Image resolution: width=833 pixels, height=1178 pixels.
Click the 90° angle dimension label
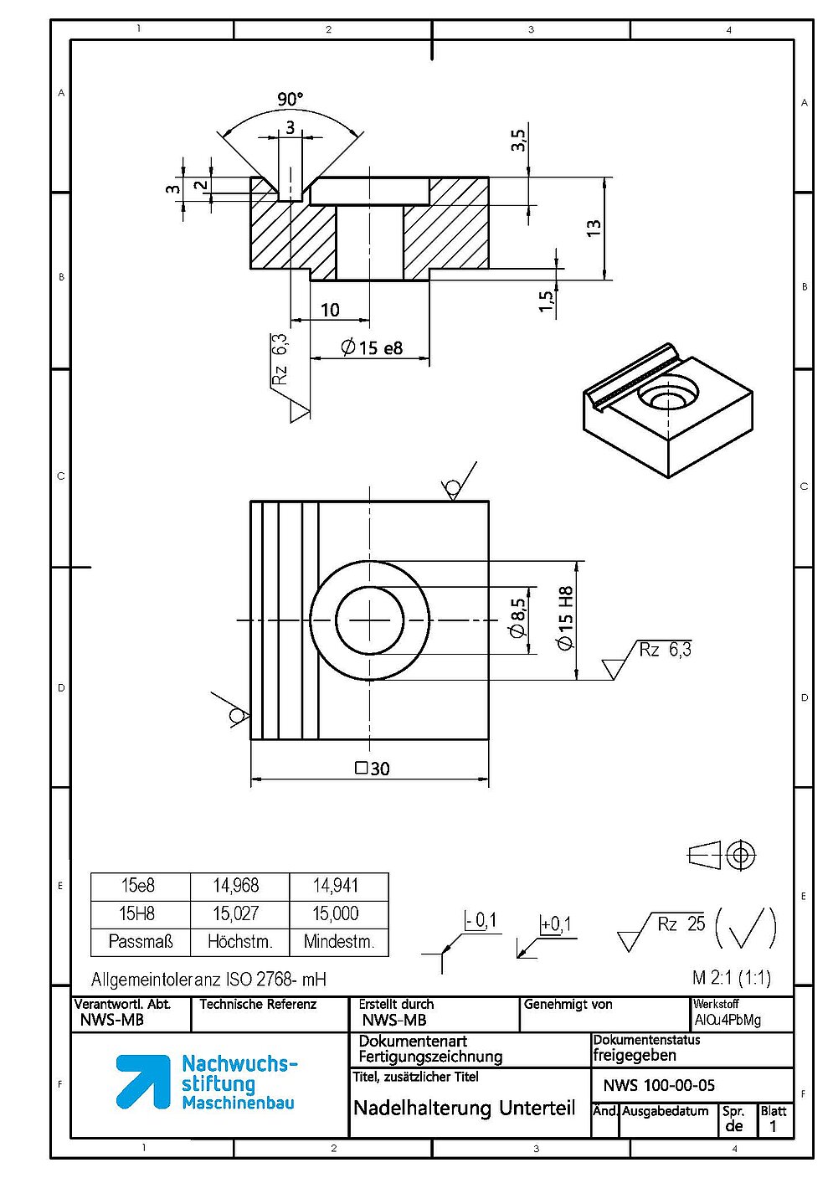tap(291, 99)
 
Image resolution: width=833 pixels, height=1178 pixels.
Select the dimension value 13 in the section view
tap(594, 228)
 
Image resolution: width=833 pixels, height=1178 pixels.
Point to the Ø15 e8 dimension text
tap(371, 347)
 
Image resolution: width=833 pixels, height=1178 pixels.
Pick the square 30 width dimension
tap(373, 769)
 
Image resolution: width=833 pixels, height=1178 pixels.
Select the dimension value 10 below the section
tap(330, 310)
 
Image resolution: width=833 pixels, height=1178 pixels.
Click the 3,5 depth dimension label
tap(518, 140)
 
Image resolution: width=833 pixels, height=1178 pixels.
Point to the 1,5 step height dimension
tap(547, 301)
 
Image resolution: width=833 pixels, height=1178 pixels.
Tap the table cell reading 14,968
tap(236, 886)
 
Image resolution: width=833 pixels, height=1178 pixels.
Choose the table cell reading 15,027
tap(236, 913)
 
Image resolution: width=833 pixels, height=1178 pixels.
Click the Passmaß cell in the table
tap(141, 941)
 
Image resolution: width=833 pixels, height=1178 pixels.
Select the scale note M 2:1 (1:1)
tap(732, 978)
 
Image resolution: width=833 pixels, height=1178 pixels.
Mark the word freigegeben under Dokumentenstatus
tap(635, 1056)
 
